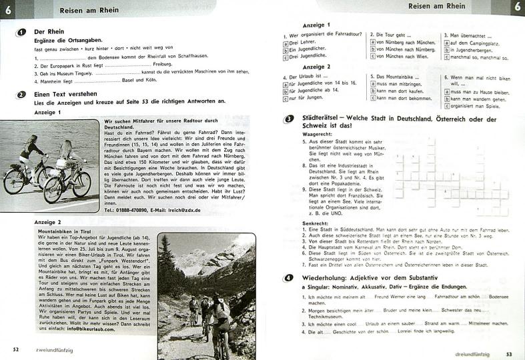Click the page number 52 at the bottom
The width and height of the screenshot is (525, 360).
tap(15, 349)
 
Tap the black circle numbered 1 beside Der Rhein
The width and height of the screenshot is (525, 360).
tap(22, 31)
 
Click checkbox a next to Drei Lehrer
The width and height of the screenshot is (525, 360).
tap(287, 41)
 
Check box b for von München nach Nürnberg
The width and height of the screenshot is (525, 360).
tap(370, 49)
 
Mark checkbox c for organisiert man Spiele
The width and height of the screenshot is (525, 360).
tap(446, 105)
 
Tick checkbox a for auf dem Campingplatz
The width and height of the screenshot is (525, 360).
tap(446, 41)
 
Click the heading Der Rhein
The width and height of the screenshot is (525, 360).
tap(48, 32)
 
